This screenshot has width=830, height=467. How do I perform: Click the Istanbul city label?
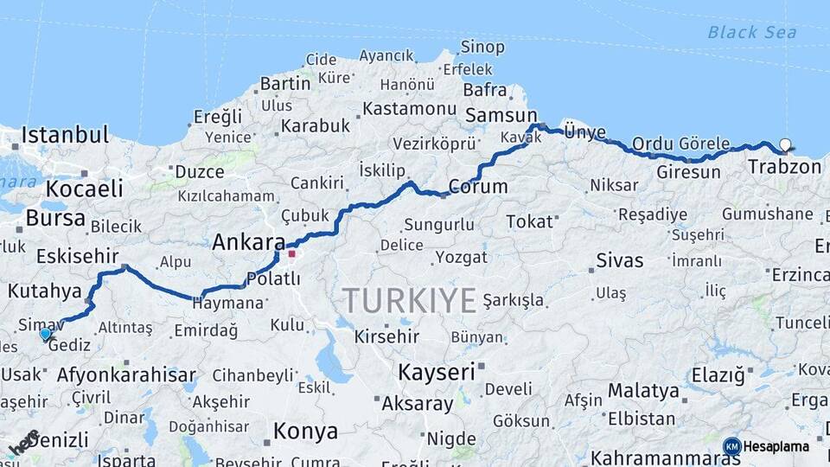click(x=65, y=135)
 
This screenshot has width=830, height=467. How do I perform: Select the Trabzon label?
click(x=784, y=166)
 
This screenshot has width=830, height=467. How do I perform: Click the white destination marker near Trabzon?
click(x=785, y=144)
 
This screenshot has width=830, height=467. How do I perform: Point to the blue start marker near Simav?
click(x=45, y=333)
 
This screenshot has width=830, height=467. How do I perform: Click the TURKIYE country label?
click(x=410, y=301)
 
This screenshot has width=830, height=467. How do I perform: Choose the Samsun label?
click(x=501, y=115)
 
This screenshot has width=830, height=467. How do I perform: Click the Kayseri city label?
click(x=437, y=372)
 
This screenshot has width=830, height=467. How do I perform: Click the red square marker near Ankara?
click(x=292, y=253)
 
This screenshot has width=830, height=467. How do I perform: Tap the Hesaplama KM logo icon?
click(x=732, y=446)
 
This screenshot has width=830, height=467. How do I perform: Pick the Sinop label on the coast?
click(x=482, y=47)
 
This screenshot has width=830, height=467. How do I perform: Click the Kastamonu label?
click(x=409, y=109)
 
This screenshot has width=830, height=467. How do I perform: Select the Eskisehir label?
click(x=78, y=256)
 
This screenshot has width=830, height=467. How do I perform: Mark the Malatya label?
click(x=642, y=390)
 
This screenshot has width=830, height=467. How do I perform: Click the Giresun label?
click(x=688, y=171)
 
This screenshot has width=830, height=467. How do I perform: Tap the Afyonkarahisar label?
click(x=126, y=375)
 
